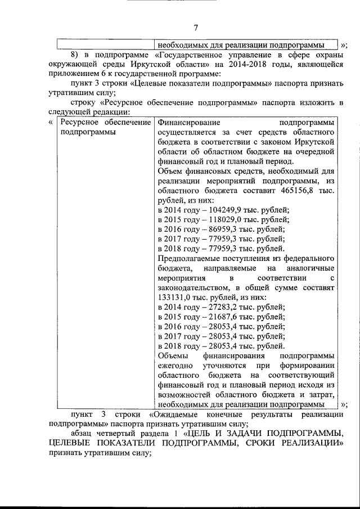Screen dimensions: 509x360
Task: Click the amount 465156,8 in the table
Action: [296, 191]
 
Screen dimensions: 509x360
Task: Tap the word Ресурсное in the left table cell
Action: [79, 123]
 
